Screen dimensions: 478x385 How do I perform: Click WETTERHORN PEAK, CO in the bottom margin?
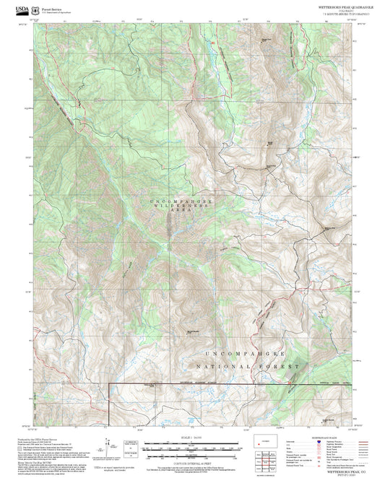pyautogui.click(x=339, y=471)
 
